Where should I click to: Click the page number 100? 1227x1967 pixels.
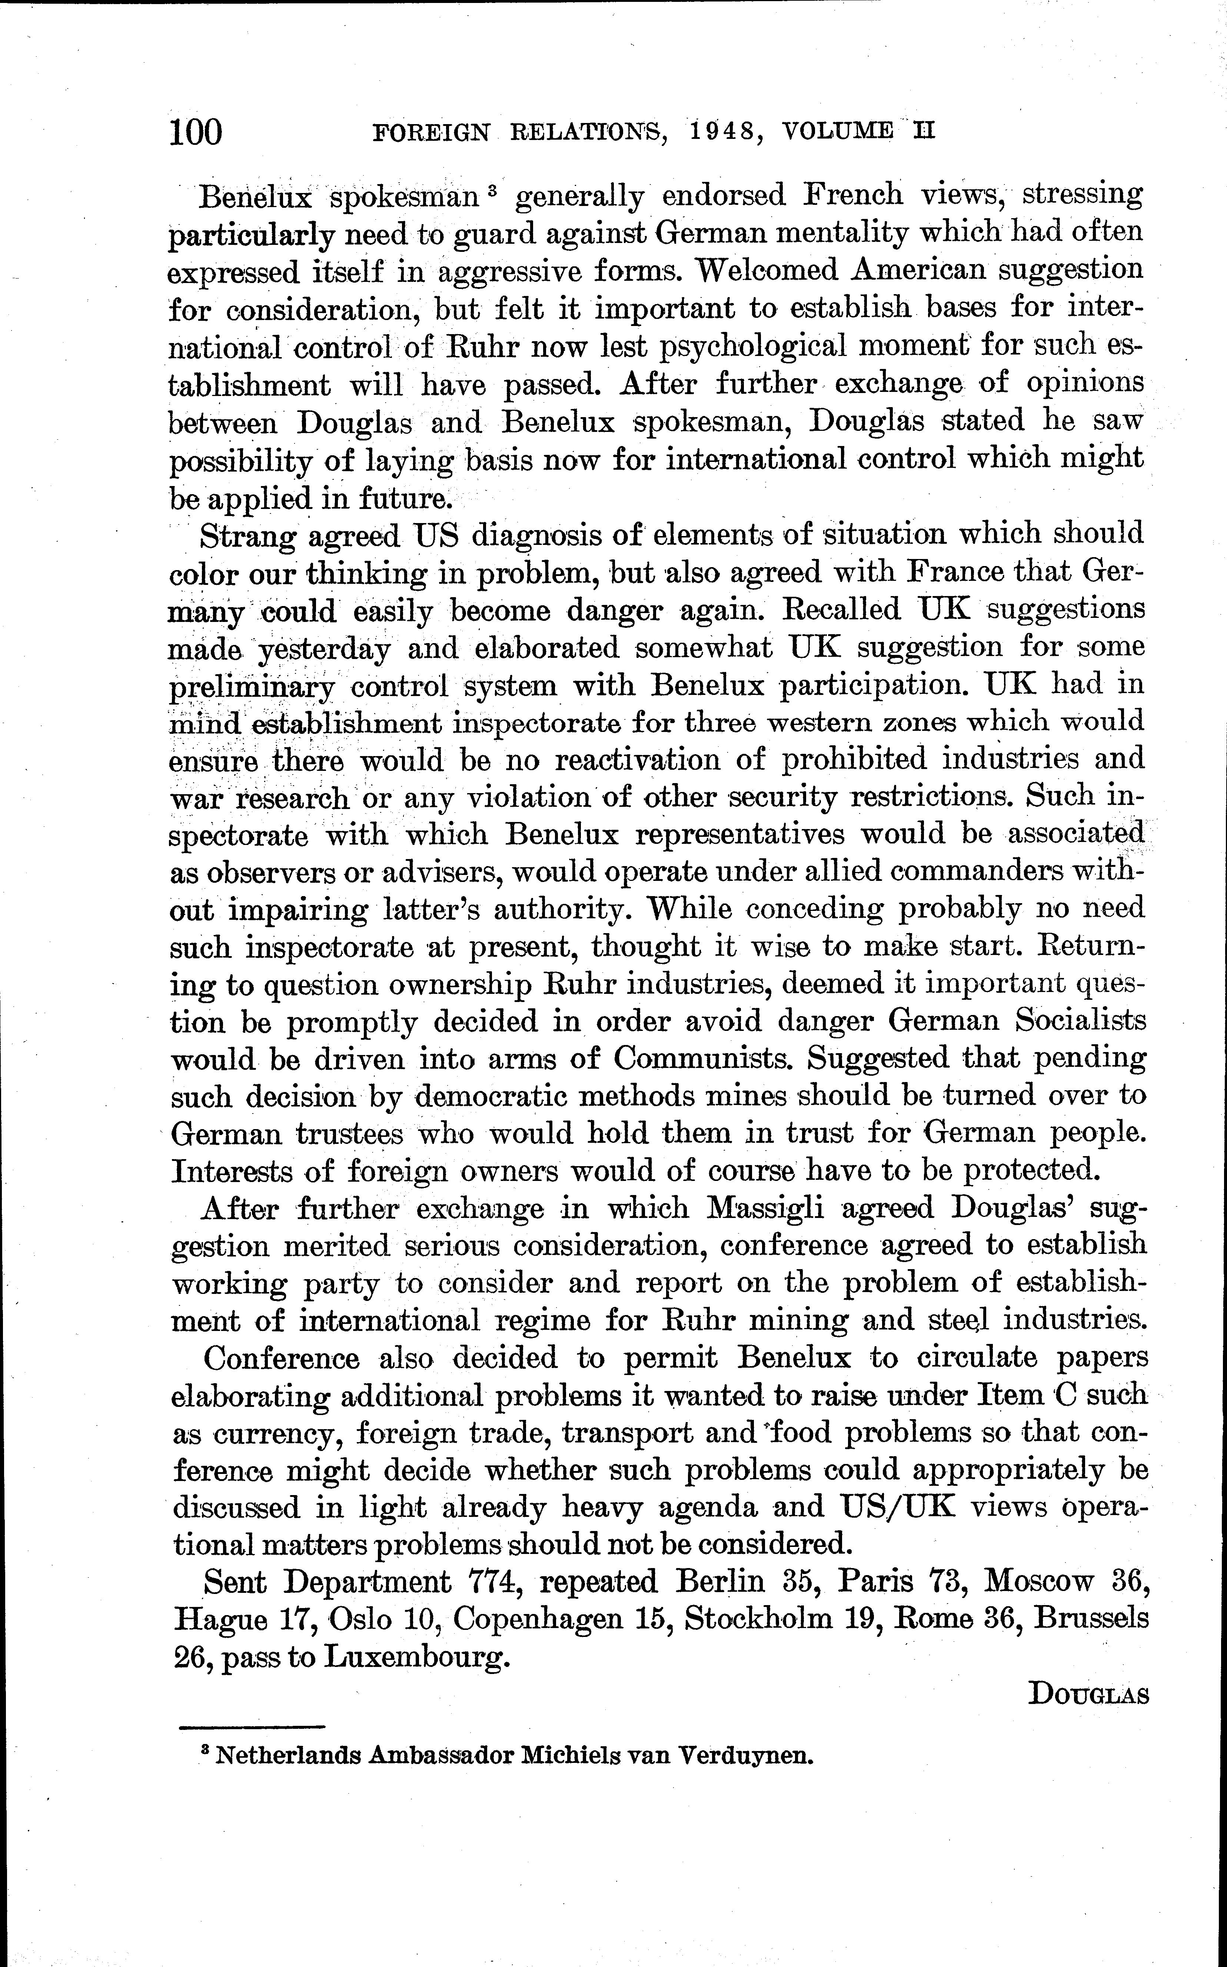(196, 132)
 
